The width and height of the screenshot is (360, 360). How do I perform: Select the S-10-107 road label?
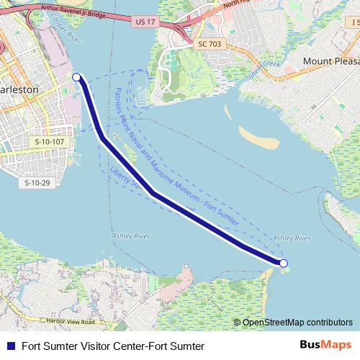point(50,143)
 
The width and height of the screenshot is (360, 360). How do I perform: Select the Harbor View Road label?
point(68,321)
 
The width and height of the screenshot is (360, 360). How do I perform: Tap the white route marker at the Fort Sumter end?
point(284,264)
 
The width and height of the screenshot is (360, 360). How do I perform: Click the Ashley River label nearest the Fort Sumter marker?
point(292,238)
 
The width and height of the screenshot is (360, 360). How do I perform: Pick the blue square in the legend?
point(10,346)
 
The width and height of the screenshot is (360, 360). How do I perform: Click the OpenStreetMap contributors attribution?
point(293,322)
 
